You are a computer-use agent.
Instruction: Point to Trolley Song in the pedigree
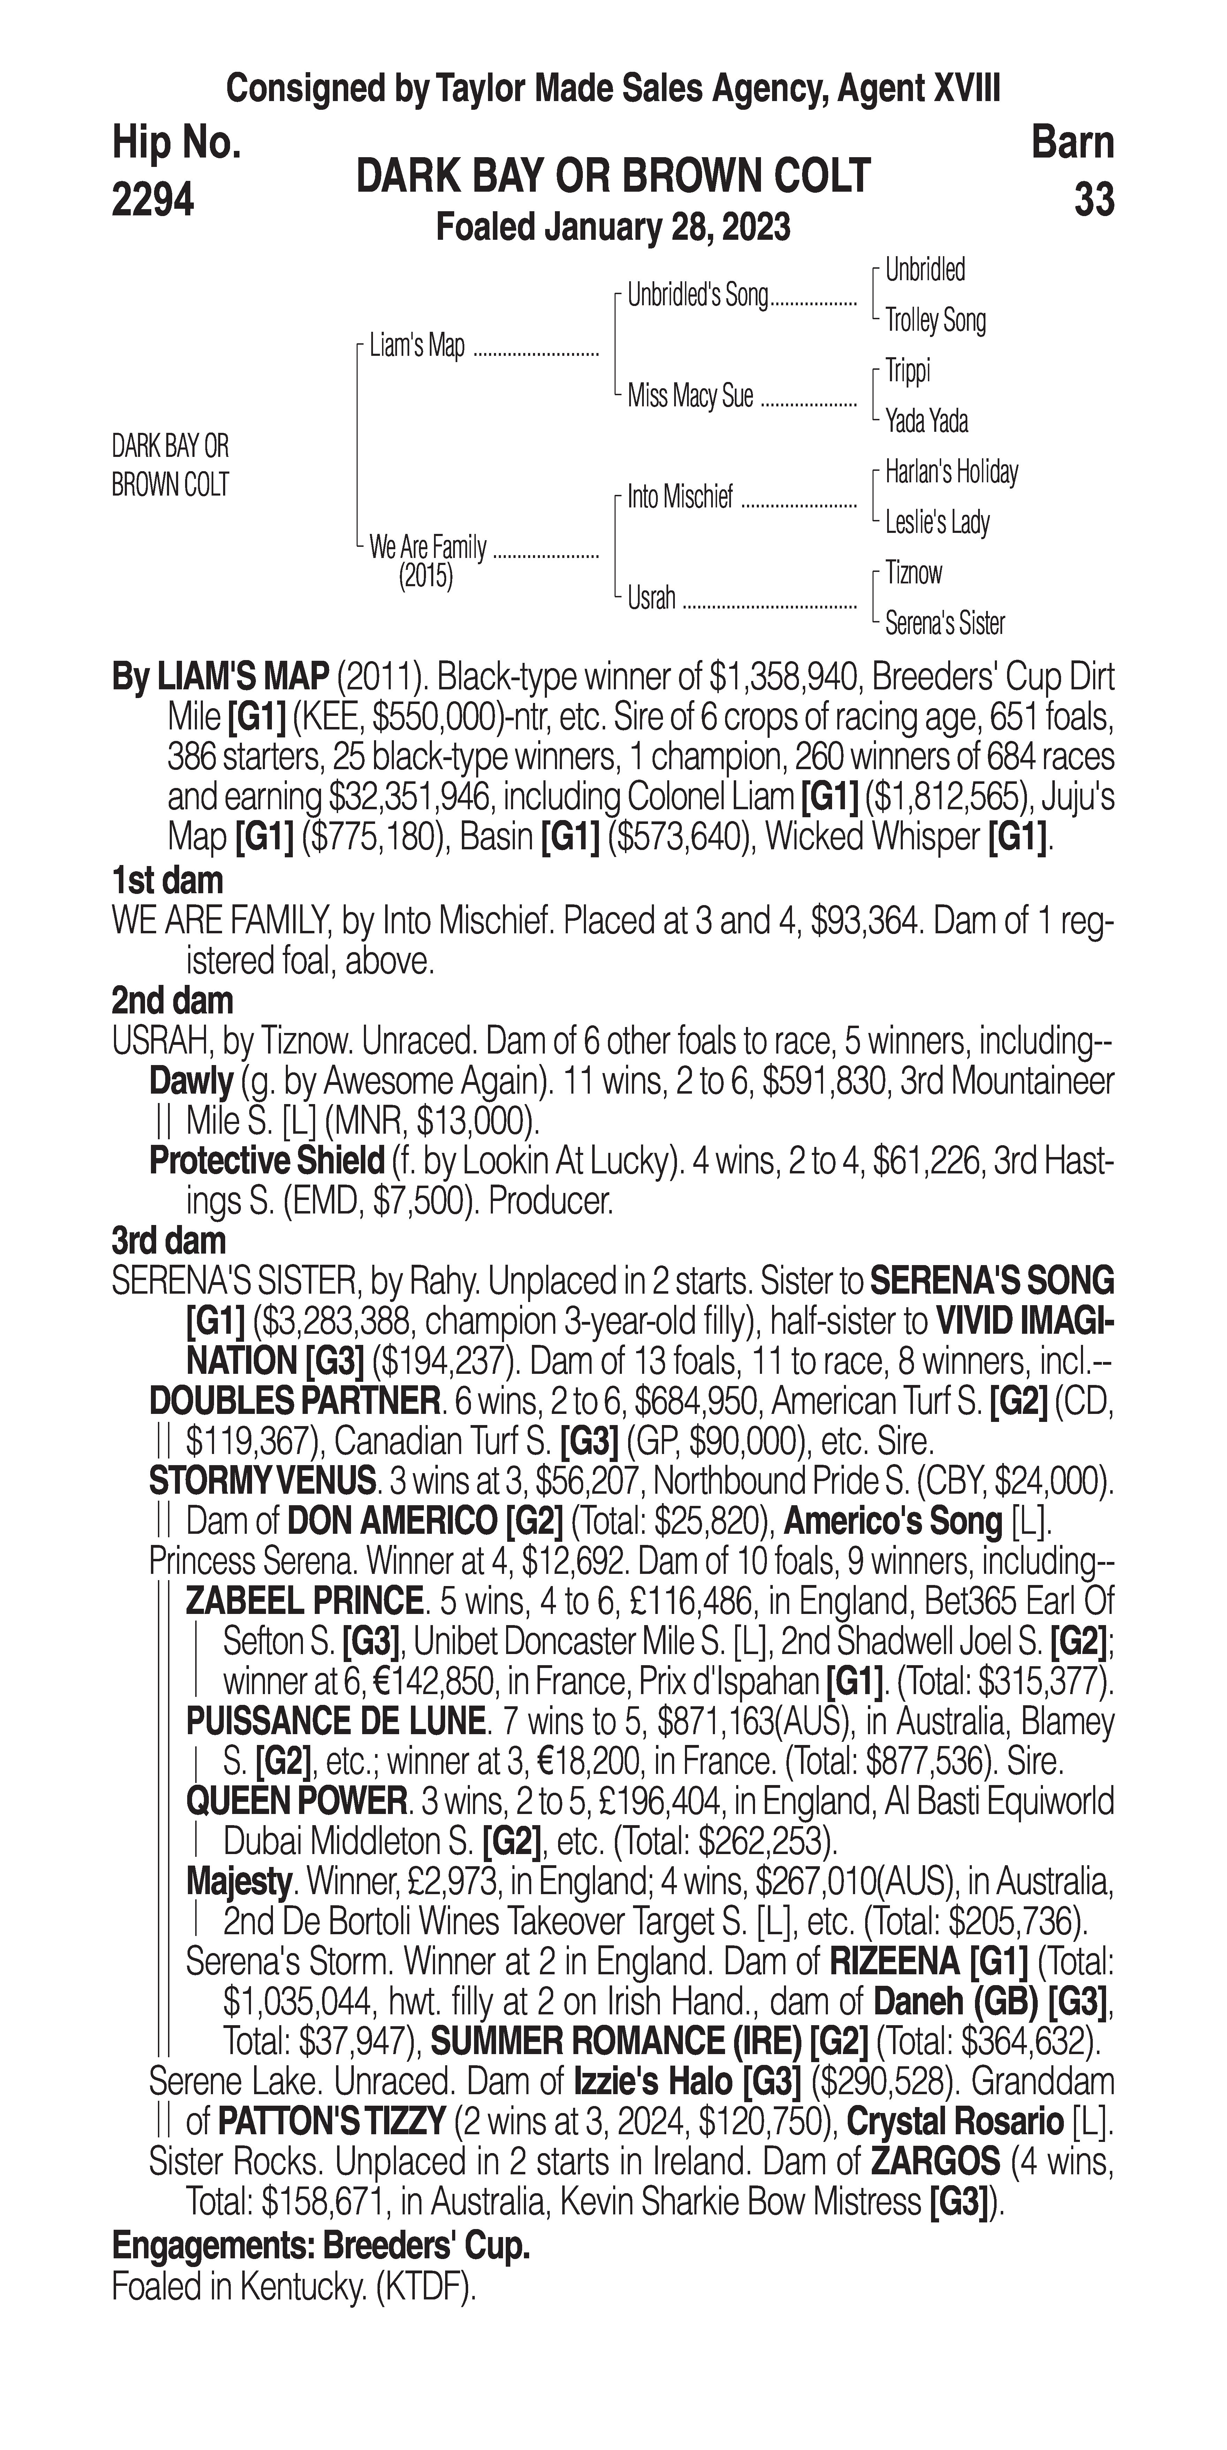tap(935, 321)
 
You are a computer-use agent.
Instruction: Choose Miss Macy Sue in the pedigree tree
tap(689, 396)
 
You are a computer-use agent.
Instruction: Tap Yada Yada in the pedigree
tap(927, 420)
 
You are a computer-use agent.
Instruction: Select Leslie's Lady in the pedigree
tap(937, 522)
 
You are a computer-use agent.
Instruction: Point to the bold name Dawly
tap(191, 1081)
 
